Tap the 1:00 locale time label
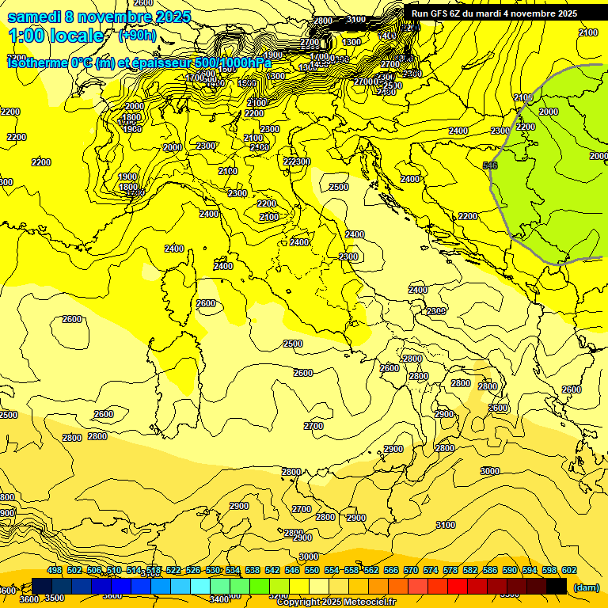pos(56,36)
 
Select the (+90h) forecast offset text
pos(137,36)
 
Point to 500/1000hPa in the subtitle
pos(234,63)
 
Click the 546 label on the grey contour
pos(490,165)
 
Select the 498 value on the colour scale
pos(55,570)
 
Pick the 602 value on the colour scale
pos(569,570)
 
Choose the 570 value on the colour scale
pos(411,570)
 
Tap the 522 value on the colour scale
pos(173,570)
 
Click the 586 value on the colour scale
pos(490,570)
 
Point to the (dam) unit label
pos(587,587)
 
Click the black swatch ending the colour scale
pos(557,586)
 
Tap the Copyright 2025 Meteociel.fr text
pos(336,602)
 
